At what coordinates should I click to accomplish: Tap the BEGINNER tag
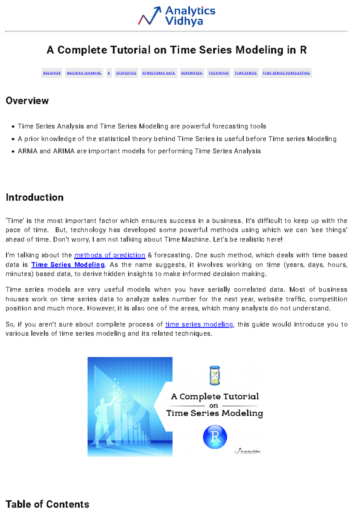pos(52,73)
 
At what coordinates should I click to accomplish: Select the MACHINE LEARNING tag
pos(84,73)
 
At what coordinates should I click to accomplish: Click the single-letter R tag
pos(109,73)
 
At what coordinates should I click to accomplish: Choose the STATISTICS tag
pos(126,73)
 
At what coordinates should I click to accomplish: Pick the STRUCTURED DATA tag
pos(159,73)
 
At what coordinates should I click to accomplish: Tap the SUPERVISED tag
pos(192,73)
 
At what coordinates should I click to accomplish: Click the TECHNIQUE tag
pos(219,73)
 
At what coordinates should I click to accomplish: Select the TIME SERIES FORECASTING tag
pos(286,73)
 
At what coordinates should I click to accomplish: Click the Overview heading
pos(27,101)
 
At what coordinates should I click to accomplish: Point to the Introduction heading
pos(34,197)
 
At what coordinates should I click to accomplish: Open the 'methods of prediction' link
pos(109,255)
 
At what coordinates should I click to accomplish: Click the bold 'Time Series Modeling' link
pos(68,265)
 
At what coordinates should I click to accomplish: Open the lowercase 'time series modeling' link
pos(199,324)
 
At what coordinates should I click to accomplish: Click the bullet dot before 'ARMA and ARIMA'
pos(13,151)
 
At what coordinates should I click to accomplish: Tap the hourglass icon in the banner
pos(214,375)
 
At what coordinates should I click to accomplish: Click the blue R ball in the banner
pos(215,437)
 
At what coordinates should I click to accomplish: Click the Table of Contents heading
pos(47,504)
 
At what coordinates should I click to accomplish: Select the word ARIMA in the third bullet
pos(64,151)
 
